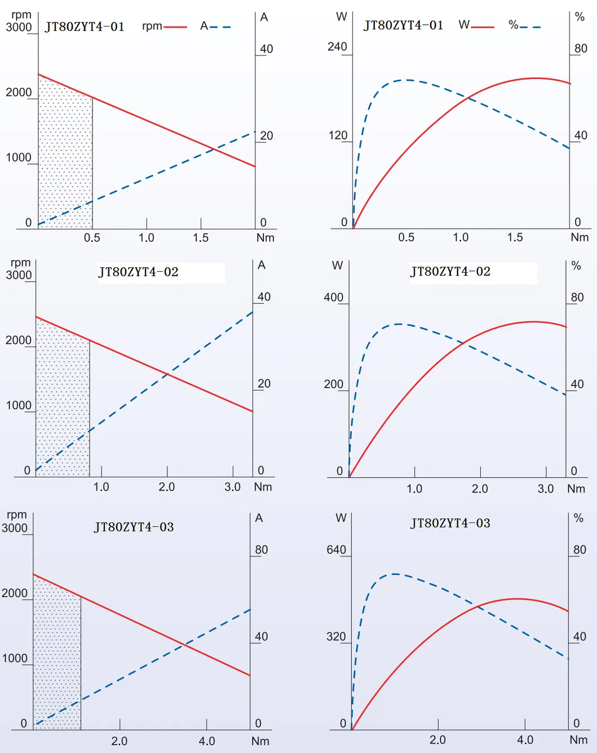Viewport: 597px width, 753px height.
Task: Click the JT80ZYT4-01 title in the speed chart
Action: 85,27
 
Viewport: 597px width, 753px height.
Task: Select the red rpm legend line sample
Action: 175,27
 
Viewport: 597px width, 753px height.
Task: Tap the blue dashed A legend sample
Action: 220,27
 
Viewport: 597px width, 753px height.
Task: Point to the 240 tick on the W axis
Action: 338,47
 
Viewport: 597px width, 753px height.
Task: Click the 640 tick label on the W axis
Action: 337,550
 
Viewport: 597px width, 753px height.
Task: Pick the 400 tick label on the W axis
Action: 334,297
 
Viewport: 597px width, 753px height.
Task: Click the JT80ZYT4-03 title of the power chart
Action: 450,523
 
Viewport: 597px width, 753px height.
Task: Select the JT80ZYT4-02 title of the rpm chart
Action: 138,272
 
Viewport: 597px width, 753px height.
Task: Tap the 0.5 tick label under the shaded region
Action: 92,238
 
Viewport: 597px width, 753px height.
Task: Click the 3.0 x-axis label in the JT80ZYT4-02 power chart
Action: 545,489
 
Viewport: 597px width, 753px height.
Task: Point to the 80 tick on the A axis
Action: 262,550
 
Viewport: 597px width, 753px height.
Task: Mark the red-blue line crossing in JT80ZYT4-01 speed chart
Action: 213,149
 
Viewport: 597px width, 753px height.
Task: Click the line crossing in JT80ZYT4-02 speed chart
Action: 167,373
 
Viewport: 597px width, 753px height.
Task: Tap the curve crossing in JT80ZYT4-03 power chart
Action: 477,606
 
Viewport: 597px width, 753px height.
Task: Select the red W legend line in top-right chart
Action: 483,27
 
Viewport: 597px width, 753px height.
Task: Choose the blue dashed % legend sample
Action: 530,27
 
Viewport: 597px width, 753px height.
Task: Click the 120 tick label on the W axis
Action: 338,135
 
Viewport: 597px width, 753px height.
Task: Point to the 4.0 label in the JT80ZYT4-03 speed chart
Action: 207,741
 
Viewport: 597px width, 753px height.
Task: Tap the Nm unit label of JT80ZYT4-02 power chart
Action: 576,489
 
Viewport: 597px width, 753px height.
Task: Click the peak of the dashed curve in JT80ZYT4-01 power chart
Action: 404,80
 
